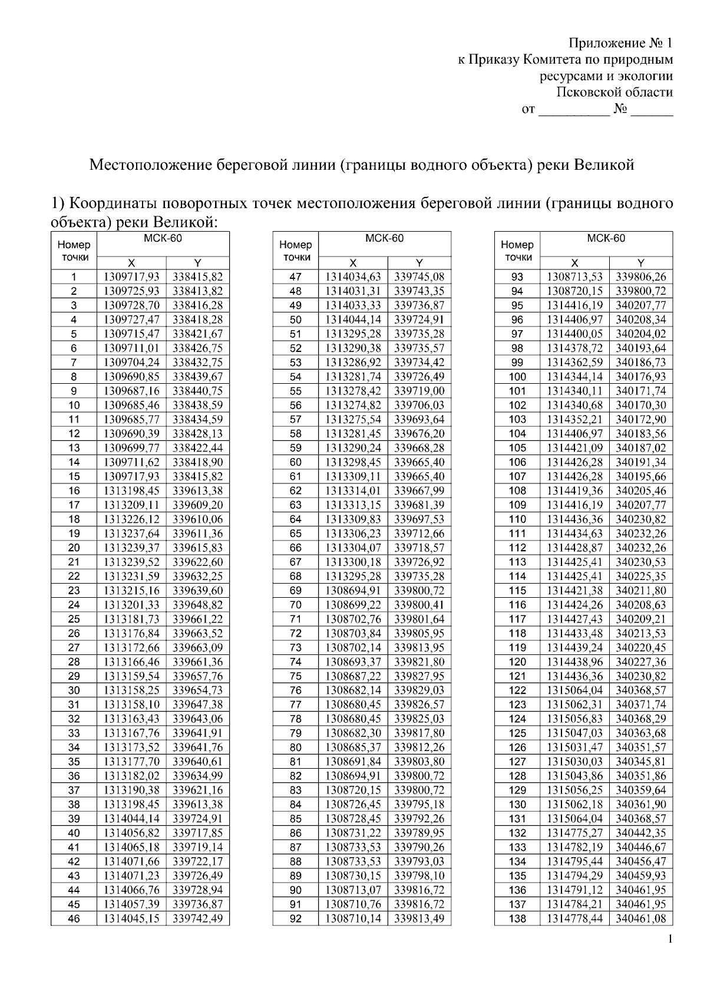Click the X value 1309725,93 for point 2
(x=131, y=291)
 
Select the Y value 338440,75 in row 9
(x=197, y=391)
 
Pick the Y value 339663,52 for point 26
(x=197, y=634)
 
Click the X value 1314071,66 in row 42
(x=131, y=862)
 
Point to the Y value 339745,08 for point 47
(x=419, y=277)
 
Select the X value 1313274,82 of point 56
(x=353, y=406)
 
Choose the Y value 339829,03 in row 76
(x=419, y=691)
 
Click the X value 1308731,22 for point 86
(x=353, y=834)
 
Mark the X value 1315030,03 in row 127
(x=575, y=762)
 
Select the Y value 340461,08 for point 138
(x=641, y=919)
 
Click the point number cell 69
(x=296, y=591)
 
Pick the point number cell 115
(x=517, y=591)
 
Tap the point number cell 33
(x=74, y=733)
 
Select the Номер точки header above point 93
(x=517, y=251)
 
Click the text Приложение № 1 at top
(x=620, y=43)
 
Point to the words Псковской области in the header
(x=615, y=93)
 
